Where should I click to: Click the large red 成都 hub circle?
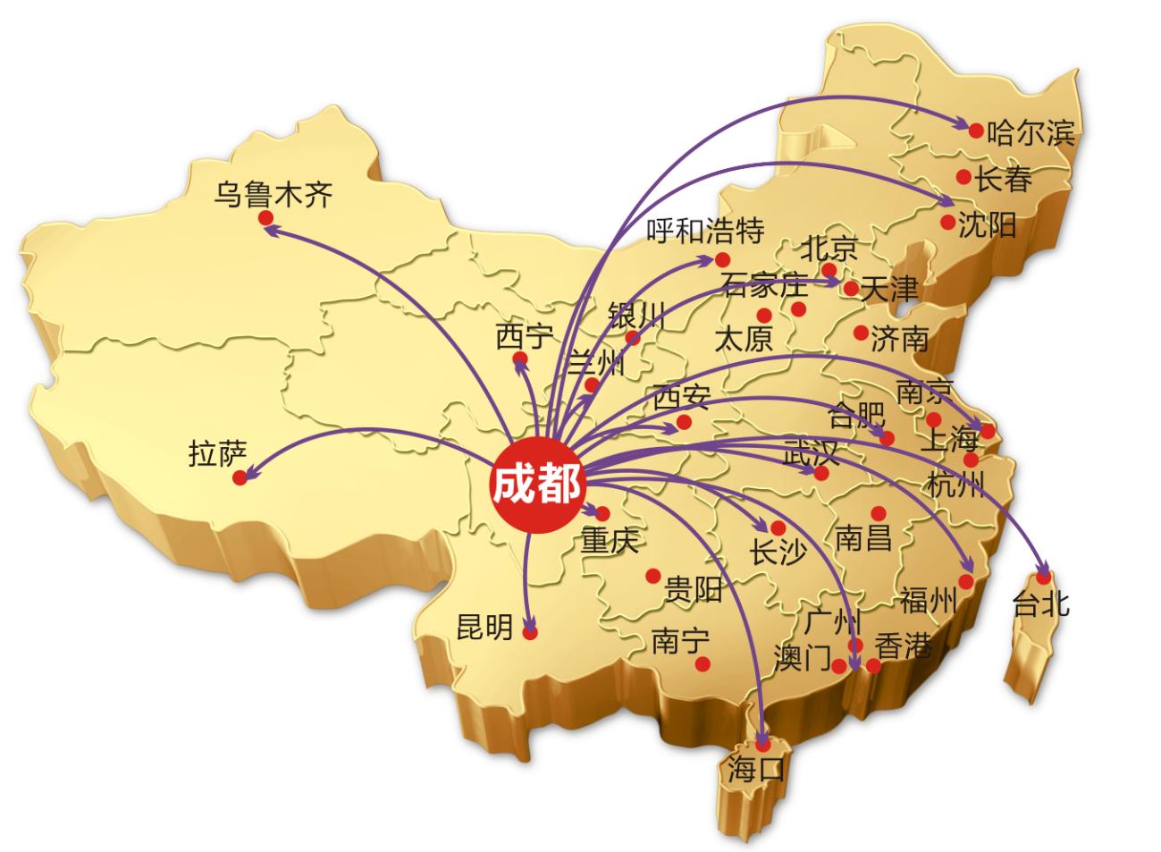pyautogui.click(x=535, y=487)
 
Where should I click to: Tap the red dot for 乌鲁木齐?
pyautogui.click(x=265, y=217)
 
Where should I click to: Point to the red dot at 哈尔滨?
pyautogui.click(x=976, y=131)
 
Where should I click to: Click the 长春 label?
pyautogui.click(x=1003, y=180)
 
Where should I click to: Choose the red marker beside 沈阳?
pyautogui.click(x=947, y=222)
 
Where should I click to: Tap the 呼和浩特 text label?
pyautogui.click(x=705, y=231)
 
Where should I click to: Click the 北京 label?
pyautogui.click(x=829, y=247)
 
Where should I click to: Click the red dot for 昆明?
pyautogui.click(x=530, y=632)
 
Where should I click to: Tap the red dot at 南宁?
pyautogui.click(x=703, y=663)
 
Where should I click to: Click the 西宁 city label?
pyautogui.click(x=525, y=337)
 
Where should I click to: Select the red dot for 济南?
pyautogui.click(x=860, y=333)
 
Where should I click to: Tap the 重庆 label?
pyautogui.click(x=611, y=542)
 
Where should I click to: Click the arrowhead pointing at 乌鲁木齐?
pyautogui.click(x=272, y=229)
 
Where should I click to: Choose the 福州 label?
pyautogui.click(x=928, y=600)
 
